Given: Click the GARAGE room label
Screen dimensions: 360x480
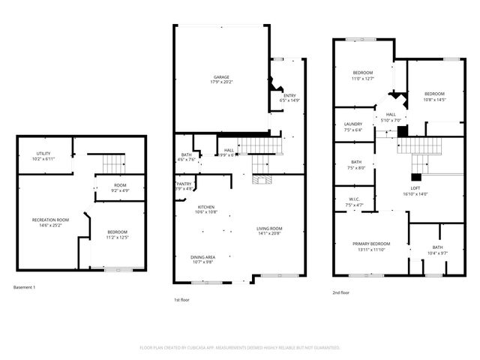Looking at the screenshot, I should coord(220,77).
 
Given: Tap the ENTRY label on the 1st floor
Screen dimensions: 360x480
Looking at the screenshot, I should coord(289,95).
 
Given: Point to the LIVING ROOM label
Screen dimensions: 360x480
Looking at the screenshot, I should coord(268,228).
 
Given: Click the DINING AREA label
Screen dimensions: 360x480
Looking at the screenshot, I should coord(202,257).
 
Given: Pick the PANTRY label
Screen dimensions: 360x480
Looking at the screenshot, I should coord(184,184).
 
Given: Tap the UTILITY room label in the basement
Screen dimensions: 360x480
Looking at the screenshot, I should coord(43,154).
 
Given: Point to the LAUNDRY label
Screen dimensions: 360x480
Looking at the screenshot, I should coord(353,124).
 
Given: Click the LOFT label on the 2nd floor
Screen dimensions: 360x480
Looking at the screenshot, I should coord(415,188).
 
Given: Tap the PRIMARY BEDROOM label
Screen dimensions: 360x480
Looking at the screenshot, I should coord(372,244).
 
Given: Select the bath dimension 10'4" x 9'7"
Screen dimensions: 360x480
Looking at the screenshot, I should coord(436,253).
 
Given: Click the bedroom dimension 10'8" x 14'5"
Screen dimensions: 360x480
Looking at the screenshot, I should coord(435,99).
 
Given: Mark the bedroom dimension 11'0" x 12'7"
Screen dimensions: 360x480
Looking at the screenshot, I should coord(363,78).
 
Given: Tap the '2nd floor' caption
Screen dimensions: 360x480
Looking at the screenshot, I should coord(341,293).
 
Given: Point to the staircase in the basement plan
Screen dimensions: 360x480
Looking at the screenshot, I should coord(112,162).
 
